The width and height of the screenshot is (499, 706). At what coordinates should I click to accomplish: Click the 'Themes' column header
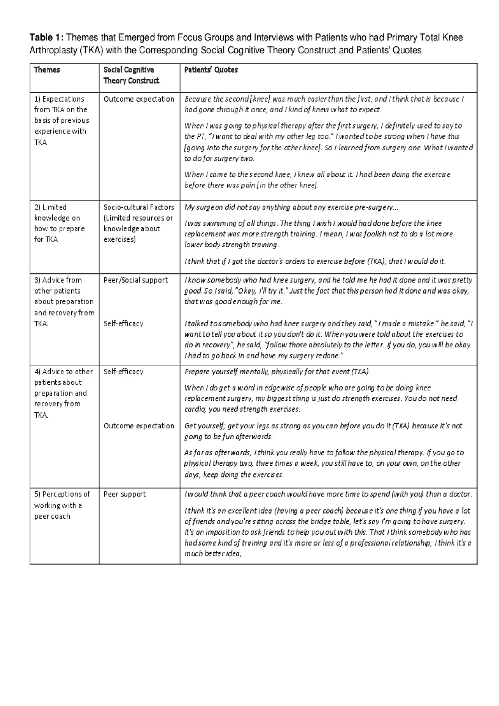coord(47,70)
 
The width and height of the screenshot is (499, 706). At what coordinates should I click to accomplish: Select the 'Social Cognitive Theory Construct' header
coord(131,75)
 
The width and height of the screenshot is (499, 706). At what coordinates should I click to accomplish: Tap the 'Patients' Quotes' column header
coord(211,70)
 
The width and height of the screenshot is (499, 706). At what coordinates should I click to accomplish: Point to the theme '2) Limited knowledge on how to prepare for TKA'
coord(59,223)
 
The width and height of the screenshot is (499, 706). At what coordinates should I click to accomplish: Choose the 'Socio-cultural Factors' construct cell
coord(139,223)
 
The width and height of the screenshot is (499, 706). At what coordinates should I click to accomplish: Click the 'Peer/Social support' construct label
coord(136,280)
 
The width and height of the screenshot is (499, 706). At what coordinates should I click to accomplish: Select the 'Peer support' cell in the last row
coord(125,494)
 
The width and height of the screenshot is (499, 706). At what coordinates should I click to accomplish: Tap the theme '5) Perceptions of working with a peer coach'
coord(62,505)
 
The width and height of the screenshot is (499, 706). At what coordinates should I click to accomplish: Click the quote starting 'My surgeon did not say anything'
coord(291,207)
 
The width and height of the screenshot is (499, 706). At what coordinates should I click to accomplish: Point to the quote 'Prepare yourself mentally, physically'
coord(277,371)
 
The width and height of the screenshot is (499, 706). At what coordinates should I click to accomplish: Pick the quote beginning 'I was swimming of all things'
coord(319,234)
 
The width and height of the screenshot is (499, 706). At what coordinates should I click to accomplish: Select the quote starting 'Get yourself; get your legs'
coord(323,431)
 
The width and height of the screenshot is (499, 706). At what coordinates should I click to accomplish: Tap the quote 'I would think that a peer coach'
coord(328,494)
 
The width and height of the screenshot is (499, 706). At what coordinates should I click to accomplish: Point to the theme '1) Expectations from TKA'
coord(62,120)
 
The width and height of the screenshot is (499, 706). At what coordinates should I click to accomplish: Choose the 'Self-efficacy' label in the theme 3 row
coord(124,324)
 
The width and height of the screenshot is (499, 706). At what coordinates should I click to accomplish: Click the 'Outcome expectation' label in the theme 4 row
coord(139,426)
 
